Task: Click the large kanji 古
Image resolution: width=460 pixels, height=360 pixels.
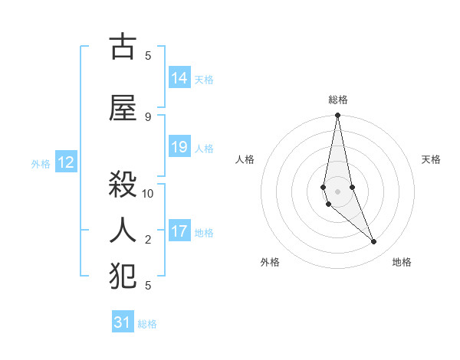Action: (x=123, y=47)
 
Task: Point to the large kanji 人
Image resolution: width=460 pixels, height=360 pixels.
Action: (x=123, y=228)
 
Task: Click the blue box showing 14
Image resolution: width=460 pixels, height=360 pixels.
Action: (x=179, y=78)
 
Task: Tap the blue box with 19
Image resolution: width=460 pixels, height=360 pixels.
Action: (x=179, y=147)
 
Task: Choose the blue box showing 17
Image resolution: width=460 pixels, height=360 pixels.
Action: (x=179, y=231)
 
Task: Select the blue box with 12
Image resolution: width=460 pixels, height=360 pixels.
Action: (x=65, y=162)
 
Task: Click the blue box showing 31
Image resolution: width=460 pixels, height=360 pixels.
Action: (x=123, y=322)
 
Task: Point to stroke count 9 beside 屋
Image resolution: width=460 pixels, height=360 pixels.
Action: (x=148, y=116)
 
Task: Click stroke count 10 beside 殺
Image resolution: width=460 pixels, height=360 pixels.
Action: (x=148, y=193)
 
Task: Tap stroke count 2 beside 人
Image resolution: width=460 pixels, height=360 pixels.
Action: (x=148, y=240)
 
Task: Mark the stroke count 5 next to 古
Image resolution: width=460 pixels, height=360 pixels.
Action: (x=148, y=55)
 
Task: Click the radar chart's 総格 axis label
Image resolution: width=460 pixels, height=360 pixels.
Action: (x=338, y=100)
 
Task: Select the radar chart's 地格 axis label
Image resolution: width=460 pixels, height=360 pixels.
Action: (x=402, y=262)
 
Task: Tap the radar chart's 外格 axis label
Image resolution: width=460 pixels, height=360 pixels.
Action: (x=270, y=262)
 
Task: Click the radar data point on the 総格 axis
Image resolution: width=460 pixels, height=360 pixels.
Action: (x=337, y=116)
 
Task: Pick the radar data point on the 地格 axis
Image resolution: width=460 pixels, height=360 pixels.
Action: (x=374, y=242)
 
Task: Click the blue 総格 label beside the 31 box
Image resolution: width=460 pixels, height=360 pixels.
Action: (x=147, y=324)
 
